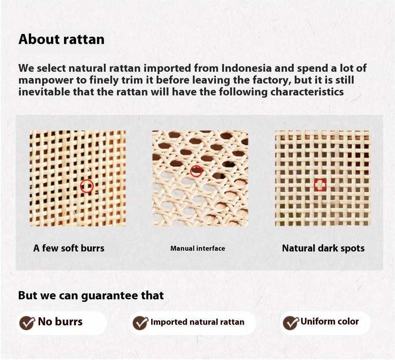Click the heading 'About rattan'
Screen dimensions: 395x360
[61, 39]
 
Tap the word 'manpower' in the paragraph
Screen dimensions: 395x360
[45, 80]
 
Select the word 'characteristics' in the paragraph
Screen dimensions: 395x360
[307, 92]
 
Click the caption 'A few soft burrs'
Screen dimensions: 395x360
[69, 248]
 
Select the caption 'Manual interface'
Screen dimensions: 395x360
[198, 248]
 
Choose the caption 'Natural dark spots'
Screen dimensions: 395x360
[323, 248]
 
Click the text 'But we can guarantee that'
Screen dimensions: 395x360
[91, 296]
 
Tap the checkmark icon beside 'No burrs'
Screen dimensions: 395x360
[27, 323]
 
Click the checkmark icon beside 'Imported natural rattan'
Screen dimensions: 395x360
[140, 323]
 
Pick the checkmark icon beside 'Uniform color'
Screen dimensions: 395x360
[290, 323]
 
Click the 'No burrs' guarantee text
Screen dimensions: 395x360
[60, 322]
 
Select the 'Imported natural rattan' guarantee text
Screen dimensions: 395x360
[197, 322]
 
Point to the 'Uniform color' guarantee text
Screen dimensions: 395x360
[329, 321]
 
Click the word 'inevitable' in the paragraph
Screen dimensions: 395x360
[44, 92]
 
